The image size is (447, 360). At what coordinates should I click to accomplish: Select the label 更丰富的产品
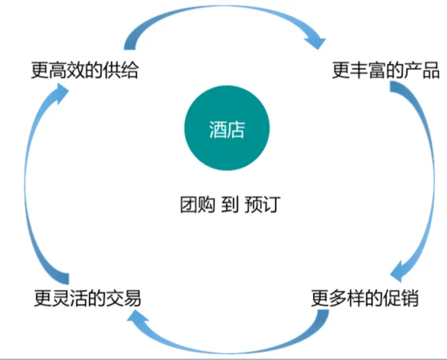pos(386,71)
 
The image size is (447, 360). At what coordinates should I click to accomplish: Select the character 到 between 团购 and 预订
pos(229,205)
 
